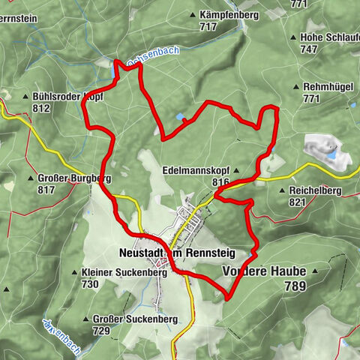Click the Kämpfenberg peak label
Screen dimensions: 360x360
pos(230,14)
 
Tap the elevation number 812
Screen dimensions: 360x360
pos(41,108)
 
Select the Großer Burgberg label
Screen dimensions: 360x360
pos(73,178)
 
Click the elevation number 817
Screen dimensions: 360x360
pos(46,190)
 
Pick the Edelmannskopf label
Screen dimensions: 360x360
pos(195,171)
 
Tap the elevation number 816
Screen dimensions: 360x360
pos(220,182)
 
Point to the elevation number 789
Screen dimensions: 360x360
pos(297,286)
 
